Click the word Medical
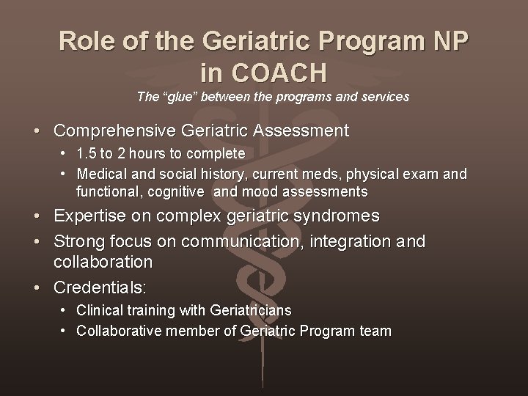(x=100, y=175)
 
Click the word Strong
(x=78, y=241)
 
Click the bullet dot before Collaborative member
(x=65, y=331)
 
